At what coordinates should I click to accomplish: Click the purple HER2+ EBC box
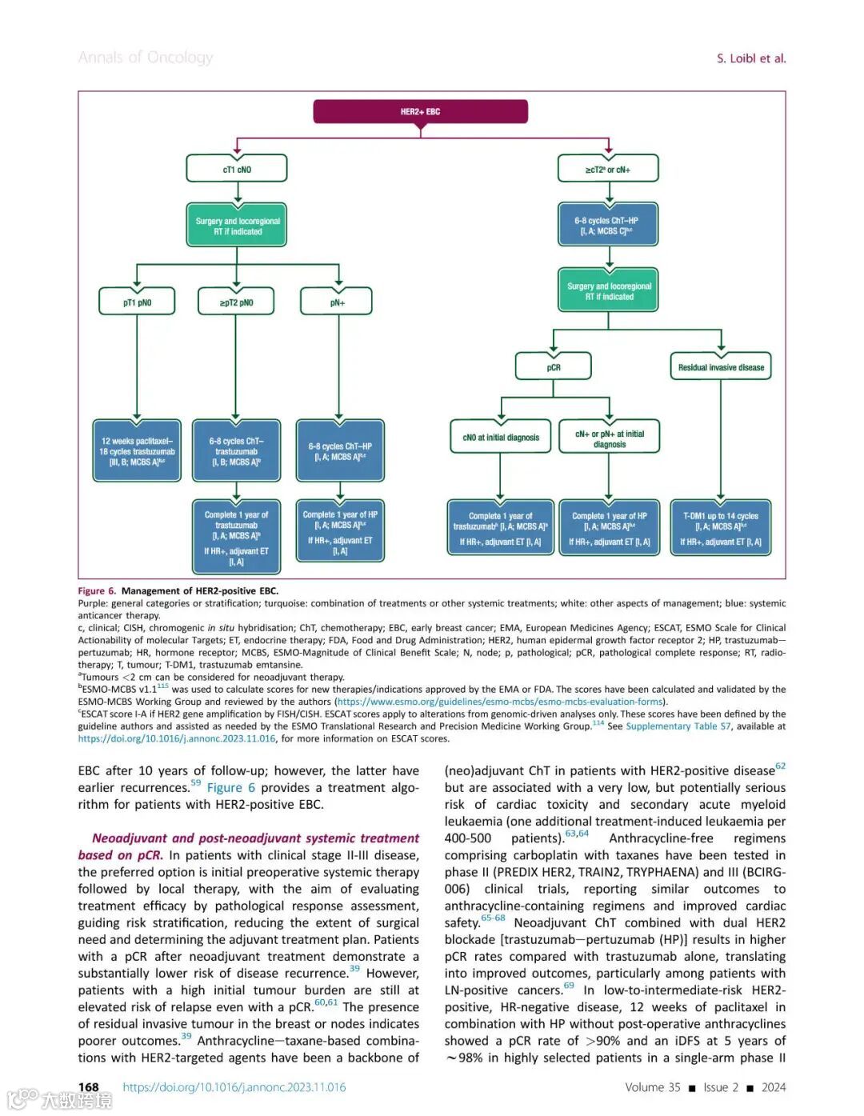[420, 111]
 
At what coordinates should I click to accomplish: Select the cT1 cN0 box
[237, 169]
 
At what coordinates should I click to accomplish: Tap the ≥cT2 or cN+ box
[608, 169]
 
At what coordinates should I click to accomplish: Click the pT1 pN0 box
[137, 302]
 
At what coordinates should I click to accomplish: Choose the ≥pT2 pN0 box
[236, 302]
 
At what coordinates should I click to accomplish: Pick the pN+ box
[337, 302]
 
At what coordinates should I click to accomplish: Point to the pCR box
[554, 367]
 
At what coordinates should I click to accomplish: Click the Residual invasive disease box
[721, 367]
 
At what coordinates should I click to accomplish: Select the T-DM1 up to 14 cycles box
[720, 528]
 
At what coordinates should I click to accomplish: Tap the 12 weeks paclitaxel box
[137, 451]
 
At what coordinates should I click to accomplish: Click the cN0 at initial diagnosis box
[501, 438]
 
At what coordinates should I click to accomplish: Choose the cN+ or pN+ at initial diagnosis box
[609, 438]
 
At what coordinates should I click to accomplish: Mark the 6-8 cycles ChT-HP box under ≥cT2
[608, 225]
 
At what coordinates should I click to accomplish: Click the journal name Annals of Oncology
[146, 58]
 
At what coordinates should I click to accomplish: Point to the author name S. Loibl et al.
[750, 58]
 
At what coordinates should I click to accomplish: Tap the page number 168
[88, 1086]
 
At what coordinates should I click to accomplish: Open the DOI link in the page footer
[234, 1087]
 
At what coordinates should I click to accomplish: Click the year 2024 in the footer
[773, 1087]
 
